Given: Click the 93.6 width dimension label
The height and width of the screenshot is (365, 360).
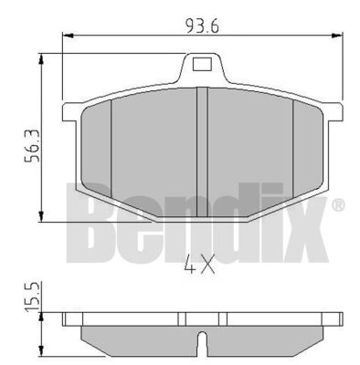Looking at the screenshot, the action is (x=202, y=26).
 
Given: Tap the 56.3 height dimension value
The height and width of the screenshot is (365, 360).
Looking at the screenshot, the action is (x=32, y=146).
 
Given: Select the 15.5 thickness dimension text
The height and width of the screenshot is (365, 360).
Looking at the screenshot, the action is (x=32, y=297).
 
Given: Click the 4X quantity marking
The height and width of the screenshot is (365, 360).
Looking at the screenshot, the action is (x=200, y=263).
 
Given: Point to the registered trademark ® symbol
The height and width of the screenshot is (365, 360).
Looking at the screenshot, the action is (x=338, y=205).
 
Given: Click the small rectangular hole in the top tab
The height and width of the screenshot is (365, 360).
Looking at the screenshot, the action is (x=202, y=64).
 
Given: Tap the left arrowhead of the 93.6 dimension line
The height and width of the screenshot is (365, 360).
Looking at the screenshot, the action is (x=69, y=36).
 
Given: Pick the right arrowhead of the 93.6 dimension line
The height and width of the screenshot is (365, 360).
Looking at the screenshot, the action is (x=336, y=36).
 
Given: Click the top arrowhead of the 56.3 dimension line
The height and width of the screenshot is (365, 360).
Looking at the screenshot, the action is (x=41, y=59).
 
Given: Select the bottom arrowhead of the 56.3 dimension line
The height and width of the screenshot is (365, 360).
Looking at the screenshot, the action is (x=41, y=216).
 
